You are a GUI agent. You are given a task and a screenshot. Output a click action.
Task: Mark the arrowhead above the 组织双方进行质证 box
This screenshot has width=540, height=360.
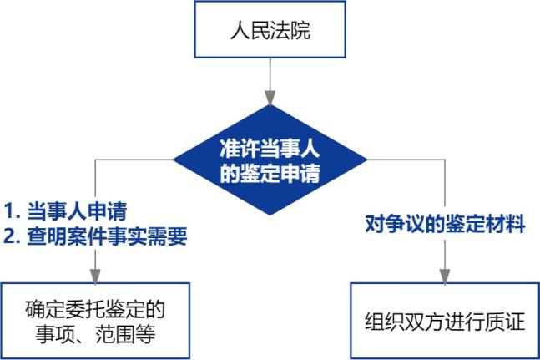click(x=445, y=276)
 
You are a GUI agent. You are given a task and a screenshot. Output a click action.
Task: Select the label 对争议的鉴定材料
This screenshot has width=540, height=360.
click(x=446, y=224)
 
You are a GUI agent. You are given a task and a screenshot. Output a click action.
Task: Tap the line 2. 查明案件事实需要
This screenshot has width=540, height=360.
click(x=94, y=236)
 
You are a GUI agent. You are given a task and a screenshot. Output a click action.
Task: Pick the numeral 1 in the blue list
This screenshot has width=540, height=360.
click(x=9, y=210)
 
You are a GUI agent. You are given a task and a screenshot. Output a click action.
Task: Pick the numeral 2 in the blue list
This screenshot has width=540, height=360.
click(x=9, y=236)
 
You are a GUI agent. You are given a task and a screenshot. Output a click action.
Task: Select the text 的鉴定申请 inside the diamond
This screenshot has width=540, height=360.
click(x=270, y=174)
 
